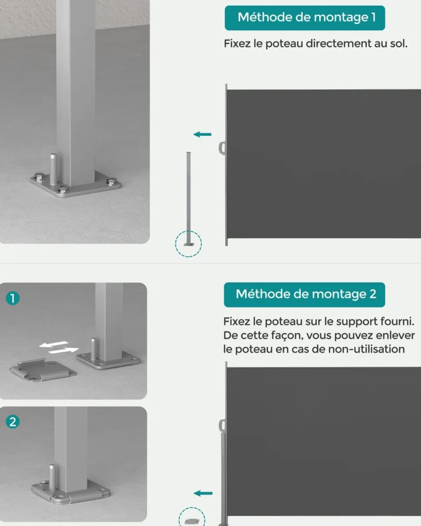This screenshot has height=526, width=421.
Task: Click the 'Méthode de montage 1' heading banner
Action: click(305, 18)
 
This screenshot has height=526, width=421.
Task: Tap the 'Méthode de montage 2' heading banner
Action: click(304, 294)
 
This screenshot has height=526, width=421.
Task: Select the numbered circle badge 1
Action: click(13, 298)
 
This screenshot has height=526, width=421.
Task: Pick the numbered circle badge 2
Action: click(13, 422)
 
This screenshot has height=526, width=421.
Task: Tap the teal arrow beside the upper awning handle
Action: click(202, 134)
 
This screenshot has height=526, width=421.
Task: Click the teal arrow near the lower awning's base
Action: click(203, 493)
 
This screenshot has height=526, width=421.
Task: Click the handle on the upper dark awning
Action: click(222, 148)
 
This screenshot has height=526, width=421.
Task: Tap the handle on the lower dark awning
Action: click(222, 426)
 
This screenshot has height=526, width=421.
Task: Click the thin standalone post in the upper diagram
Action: click(189, 198)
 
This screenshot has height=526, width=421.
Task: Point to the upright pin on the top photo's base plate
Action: click(53, 169)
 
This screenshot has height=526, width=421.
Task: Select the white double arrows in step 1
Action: click(59, 347)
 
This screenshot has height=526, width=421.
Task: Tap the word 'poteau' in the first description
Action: click(284, 44)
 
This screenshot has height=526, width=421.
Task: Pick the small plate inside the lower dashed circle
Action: click(192, 521)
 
